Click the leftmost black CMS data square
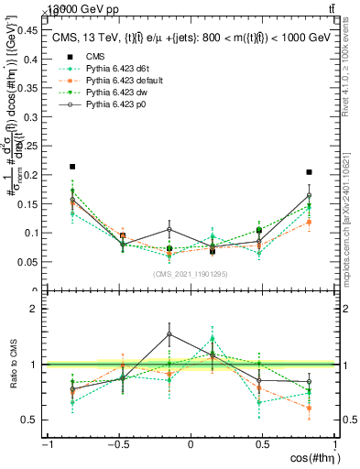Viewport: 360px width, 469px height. [72, 167]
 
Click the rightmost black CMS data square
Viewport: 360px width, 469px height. [310, 172]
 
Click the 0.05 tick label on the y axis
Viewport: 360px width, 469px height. [29, 262]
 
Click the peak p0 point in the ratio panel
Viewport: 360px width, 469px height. [169, 333]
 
